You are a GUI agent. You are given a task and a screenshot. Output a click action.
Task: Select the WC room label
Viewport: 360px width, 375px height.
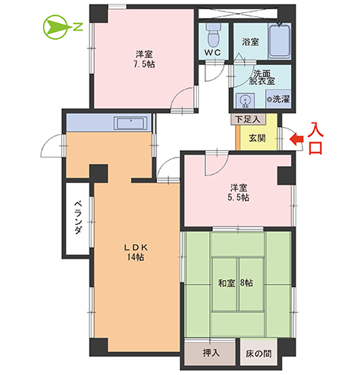pos(213,52)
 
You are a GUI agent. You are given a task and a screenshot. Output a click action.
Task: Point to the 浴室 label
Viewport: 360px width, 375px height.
pos(250,41)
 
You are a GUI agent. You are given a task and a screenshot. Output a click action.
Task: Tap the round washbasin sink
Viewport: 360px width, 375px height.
pos(245,99)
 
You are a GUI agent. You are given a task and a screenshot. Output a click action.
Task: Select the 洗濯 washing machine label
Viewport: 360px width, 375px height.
pos(279,99)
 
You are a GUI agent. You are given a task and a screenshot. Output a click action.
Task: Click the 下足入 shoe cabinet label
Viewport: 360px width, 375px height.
pos(247,119)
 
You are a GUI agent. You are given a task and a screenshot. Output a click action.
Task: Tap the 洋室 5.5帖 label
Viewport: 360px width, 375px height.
pos(237,192)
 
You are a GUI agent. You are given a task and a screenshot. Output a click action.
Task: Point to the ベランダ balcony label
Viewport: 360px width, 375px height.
pos(78,219)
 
